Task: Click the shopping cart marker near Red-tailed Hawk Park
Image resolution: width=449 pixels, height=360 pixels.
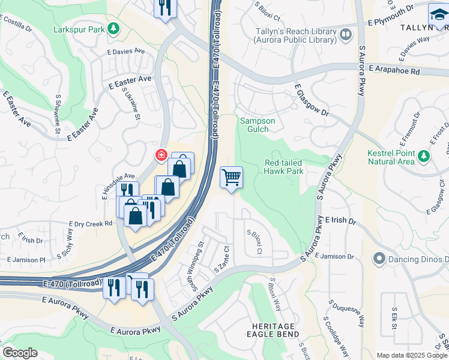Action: pos(231,178)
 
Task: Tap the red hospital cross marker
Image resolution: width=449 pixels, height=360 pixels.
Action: pos(161,156)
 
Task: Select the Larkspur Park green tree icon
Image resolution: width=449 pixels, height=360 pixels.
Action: pos(112,29)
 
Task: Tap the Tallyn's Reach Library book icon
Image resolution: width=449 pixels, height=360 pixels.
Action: pos(345,35)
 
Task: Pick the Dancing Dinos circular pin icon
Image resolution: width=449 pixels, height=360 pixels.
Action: pos(379,259)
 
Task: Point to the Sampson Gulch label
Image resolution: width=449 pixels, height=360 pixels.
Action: pos(258,125)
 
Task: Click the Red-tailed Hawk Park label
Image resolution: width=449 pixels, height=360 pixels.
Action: pos(284,166)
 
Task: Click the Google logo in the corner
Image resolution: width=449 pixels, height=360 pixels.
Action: pos(20,353)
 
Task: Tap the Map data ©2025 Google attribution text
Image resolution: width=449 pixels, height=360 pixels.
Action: pos(411,355)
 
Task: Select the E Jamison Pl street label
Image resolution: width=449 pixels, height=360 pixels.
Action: pos(26,260)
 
